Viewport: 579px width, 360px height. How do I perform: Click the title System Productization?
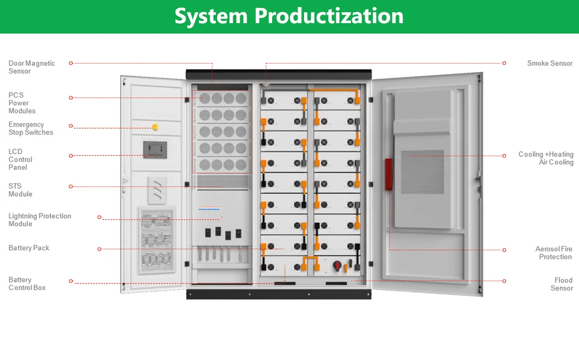289,16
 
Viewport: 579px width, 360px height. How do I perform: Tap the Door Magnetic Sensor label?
32,67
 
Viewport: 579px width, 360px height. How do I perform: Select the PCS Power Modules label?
22,103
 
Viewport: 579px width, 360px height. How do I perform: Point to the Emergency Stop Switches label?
31,128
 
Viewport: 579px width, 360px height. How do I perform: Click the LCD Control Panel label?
20,159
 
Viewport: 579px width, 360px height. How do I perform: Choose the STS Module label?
20,190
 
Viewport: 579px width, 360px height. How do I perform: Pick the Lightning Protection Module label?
40,220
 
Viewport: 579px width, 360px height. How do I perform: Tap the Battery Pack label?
29,248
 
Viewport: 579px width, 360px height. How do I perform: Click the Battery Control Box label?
27,284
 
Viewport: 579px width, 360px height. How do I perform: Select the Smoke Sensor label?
549,63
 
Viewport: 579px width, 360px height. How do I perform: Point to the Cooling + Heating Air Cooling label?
546,159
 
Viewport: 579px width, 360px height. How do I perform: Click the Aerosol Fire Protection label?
554,253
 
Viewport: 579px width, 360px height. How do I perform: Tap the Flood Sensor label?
562,284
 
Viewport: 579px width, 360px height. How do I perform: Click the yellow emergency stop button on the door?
155,127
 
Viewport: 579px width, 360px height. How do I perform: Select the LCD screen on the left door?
154,149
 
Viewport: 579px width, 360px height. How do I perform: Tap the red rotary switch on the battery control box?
336,266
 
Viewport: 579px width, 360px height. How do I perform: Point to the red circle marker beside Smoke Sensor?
504,63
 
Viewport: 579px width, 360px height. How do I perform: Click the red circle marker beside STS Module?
71,186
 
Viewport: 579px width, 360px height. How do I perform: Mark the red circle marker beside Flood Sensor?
504,281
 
